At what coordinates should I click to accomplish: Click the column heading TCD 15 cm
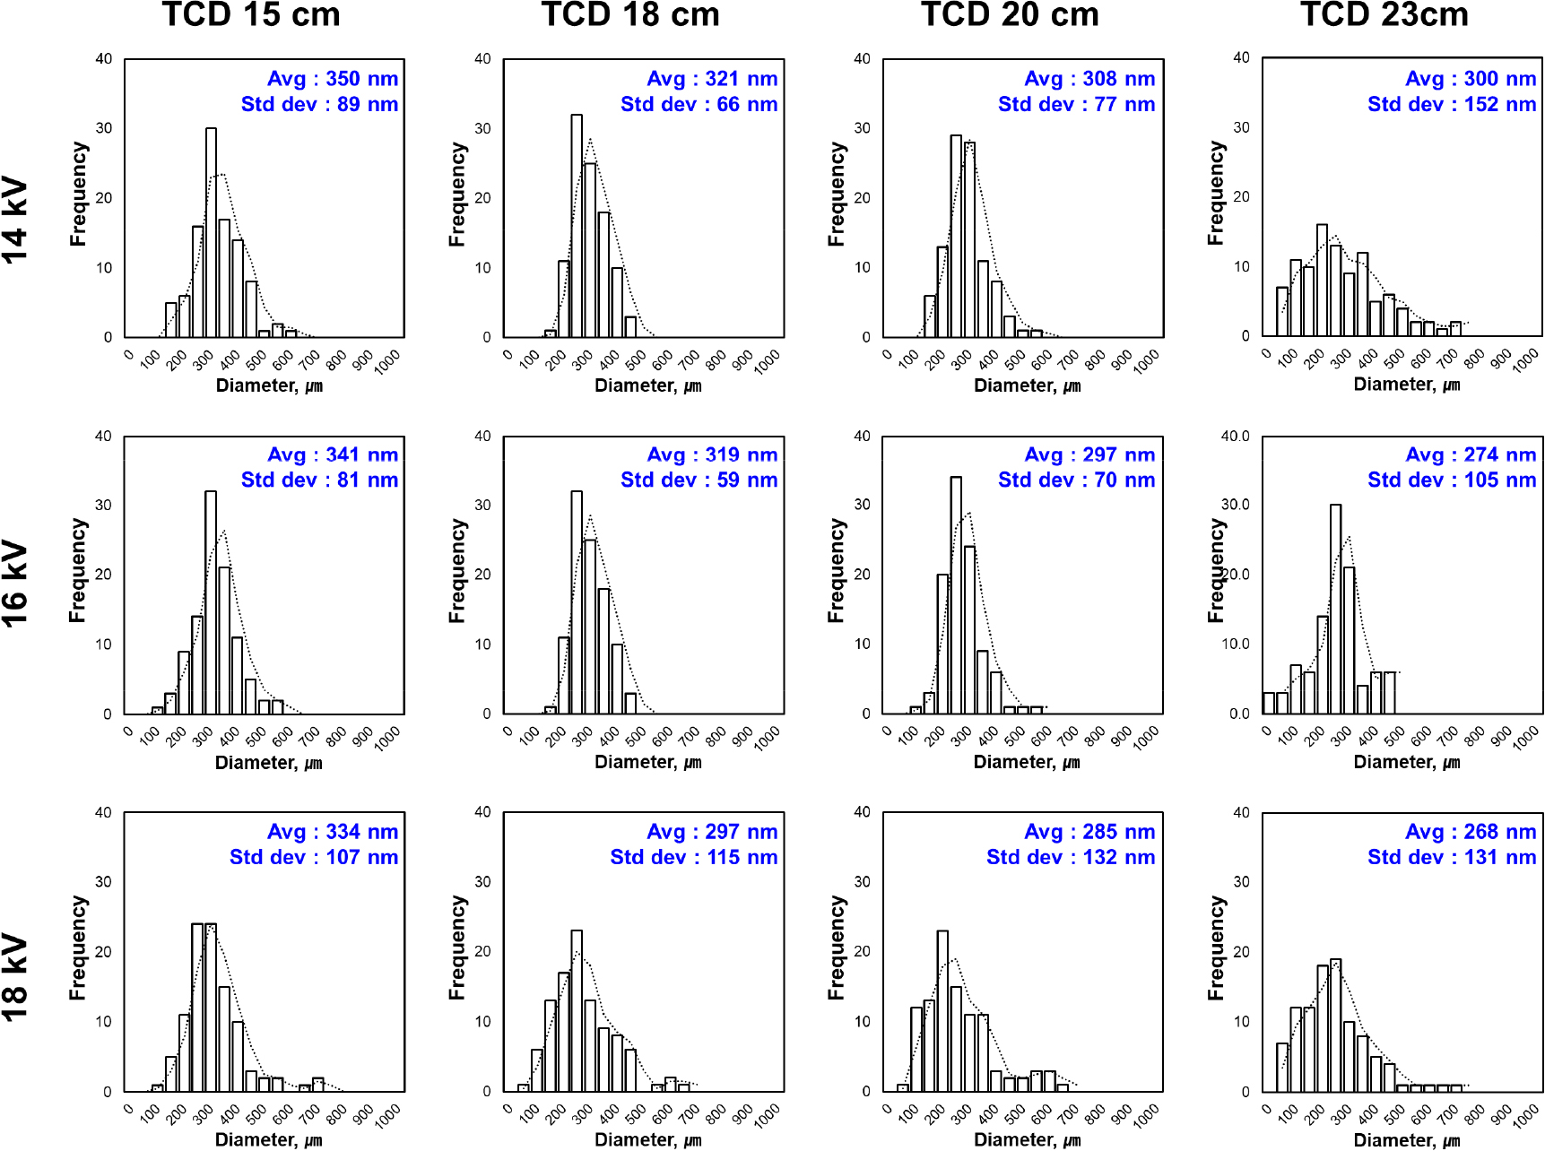click(251, 15)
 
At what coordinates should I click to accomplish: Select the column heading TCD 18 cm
click(630, 15)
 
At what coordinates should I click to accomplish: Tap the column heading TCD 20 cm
click(1010, 15)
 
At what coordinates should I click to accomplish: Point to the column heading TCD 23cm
click(1384, 15)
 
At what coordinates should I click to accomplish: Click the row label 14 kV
click(16, 221)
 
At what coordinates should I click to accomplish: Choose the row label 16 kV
click(16, 584)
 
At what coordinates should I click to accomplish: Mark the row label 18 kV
click(16, 978)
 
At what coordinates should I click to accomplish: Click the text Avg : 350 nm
click(333, 79)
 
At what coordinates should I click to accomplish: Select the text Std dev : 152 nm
click(1452, 104)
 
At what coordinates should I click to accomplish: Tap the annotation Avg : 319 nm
click(712, 454)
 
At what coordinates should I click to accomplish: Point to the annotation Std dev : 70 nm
click(1076, 480)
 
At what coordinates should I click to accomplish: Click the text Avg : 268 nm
click(1471, 832)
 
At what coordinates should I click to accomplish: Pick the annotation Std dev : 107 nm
click(314, 857)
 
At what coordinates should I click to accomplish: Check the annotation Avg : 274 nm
click(1471, 454)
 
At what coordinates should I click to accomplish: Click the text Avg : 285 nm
click(1089, 832)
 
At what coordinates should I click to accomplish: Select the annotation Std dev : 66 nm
click(699, 104)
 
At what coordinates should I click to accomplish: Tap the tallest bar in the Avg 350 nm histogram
click(211, 233)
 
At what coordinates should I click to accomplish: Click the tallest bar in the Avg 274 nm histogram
click(1335, 610)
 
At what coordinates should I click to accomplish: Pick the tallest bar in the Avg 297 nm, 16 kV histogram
click(956, 595)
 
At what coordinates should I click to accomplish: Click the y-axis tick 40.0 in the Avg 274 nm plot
click(1235, 437)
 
